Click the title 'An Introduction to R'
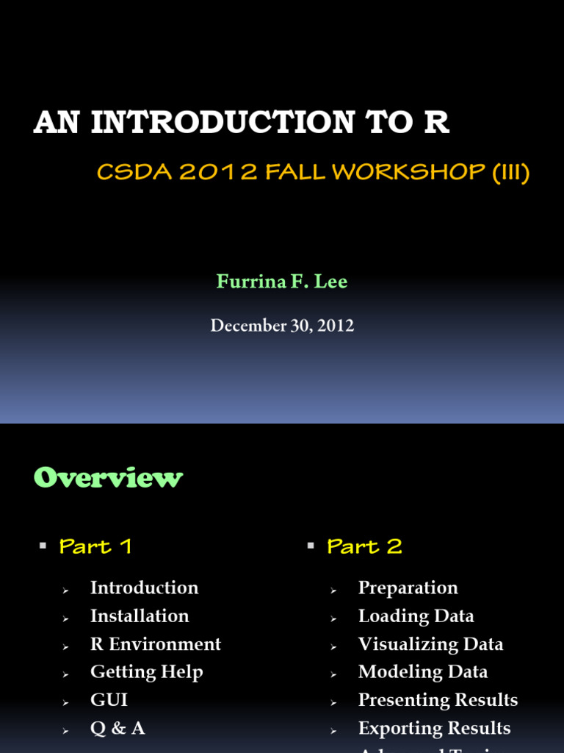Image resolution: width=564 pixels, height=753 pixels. pyautogui.click(x=241, y=124)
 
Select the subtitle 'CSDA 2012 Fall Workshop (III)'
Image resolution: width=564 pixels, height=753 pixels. pyautogui.click(x=314, y=173)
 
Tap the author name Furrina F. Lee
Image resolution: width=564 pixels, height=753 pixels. pyautogui.click(x=282, y=282)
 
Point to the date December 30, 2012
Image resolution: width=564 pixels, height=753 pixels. pyautogui.click(x=282, y=325)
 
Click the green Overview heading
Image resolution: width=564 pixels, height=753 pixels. pyautogui.click(x=108, y=478)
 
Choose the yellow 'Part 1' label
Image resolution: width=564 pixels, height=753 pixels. pyautogui.click(x=95, y=546)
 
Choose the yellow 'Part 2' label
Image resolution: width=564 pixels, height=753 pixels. pyautogui.click(x=364, y=546)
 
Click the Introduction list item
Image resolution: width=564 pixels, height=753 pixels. pyautogui.click(x=144, y=588)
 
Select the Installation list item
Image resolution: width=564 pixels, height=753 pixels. pyautogui.click(x=140, y=615)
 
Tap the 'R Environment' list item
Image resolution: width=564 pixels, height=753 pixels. pyautogui.click(x=155, y=643)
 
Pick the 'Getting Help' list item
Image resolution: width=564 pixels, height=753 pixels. pyautogui.click(x=146, y=671)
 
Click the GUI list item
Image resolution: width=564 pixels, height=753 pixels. pyautogui.click(x=109, y=699)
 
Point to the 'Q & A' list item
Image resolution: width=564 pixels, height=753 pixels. pyautogui.click(x=117, y=727)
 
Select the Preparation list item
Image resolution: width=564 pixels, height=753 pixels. pyautogui.click(x=408, y=588)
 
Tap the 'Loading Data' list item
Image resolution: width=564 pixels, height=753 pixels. pyautogui.click(x=416, y=615)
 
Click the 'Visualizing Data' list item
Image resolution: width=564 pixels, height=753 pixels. pyautogui.click(x=430, y=643)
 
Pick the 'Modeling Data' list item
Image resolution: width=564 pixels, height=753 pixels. pyautogui.click(x=422, y=671)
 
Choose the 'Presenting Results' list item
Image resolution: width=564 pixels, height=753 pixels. pyautogui.click(x=438, y=699)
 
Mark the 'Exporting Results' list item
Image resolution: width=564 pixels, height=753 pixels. pyautogui.click(x=434, y=727)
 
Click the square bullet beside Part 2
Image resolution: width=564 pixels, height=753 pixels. pyautogui.click(x=311, y=545)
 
